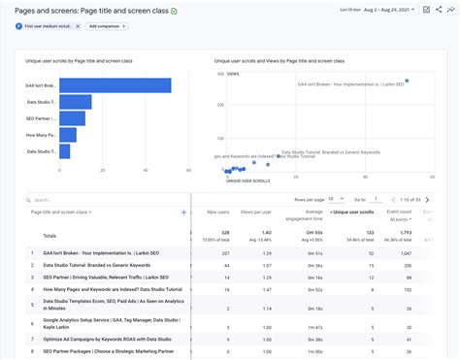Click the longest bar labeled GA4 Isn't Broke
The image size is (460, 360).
pyautogui.click(x=115, y=85)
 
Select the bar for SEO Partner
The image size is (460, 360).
pyautogui.click(x=72, y=118)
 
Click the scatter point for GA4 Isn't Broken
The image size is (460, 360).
pyautogui.click(x=407, y=81)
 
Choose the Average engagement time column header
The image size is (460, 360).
pyautogui.click(x=307, y=214)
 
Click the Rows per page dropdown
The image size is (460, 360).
pyautogui.click(x=336, y=198)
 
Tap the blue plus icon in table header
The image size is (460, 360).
pyautogui.click(x=183, y=212)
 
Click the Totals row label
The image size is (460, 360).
pyautogui.click(x=49, y=236)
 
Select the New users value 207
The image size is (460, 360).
pyautogui.click(x=225, y=252)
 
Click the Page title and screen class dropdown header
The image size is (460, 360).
pyautogui.click(x=60, y=212)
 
